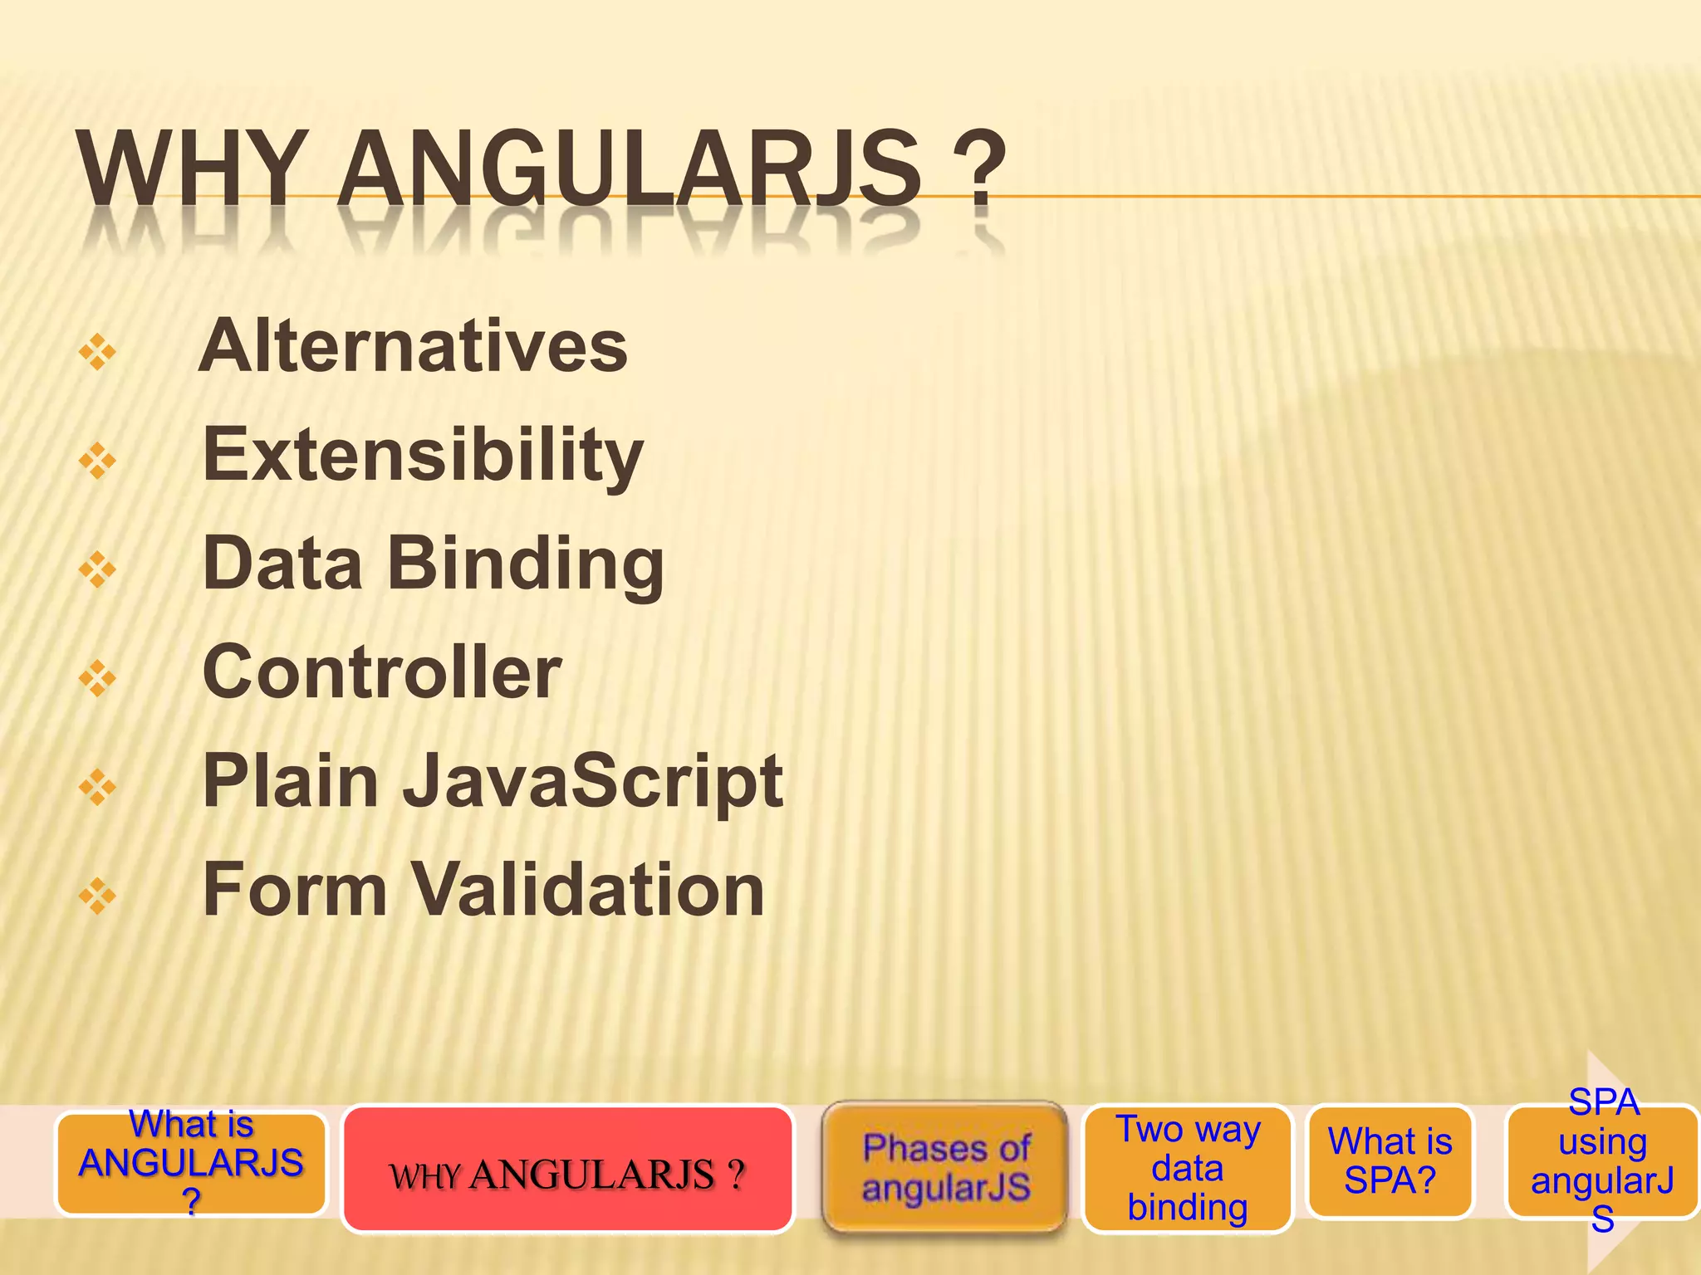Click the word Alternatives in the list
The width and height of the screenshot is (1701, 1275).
(413, 347)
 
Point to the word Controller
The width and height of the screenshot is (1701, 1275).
(382, 672)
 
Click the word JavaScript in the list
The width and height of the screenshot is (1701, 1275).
(593, 782)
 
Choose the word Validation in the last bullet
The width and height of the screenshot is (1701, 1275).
(588, 890)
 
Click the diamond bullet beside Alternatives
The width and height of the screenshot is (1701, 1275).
(97, 352)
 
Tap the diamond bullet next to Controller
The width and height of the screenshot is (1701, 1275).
(97, 678)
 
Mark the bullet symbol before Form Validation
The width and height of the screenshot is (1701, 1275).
(97, 896)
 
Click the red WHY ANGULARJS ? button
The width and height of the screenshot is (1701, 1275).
(567, 1169)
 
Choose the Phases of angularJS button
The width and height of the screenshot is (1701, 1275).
(945, 1167)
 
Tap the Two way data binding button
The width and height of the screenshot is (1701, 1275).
(1188, 1168)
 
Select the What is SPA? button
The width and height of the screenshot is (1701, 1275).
(1390, 1161)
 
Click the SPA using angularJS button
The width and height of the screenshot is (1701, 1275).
(1602, 1161)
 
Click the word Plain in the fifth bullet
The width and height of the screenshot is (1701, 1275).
(291, 782)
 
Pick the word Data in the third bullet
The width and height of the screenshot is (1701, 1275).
(282, 565)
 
